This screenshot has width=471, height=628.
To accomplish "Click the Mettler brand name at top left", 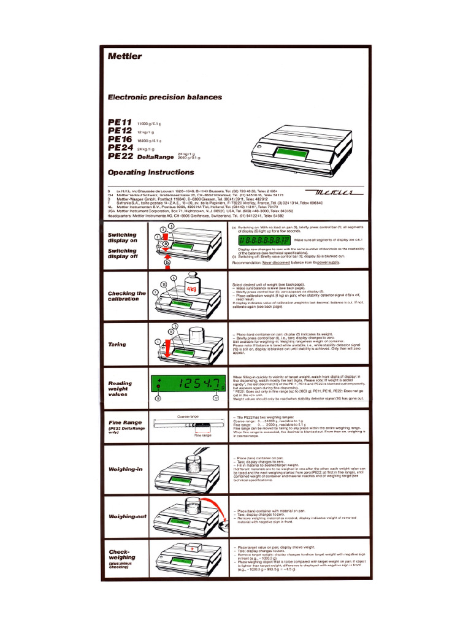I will coord(124,56).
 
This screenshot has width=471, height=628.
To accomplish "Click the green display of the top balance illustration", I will coord(289,151).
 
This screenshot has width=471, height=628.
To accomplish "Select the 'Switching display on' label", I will coord(123,238).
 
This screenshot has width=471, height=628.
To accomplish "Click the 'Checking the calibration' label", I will coord(127,296).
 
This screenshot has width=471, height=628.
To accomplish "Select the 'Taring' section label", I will coord(117,345).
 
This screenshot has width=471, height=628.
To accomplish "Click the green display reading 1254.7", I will coord(189,385).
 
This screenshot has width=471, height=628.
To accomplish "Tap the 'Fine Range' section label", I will coord(124,423).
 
